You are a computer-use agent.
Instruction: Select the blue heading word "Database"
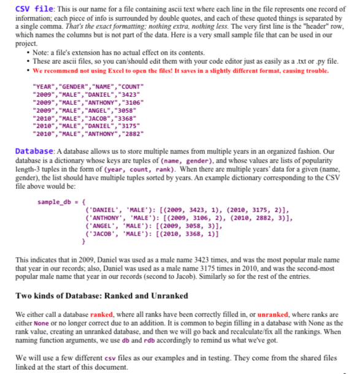pos(34,150)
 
